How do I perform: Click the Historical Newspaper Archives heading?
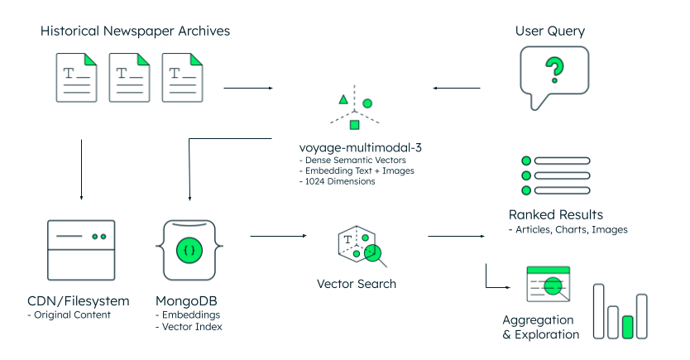point(135,31)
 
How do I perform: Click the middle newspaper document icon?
point(131,78)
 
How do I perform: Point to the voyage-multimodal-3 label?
point(354,148)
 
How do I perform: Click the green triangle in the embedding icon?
point(343,99)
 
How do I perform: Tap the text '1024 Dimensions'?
point(340,181)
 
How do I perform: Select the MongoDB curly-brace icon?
point(189,249)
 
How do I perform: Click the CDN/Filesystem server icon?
point(81,249)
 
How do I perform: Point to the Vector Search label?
point(356,284)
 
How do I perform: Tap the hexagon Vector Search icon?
point(358,245)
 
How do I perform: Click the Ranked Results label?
point(555,214)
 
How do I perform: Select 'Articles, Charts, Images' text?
point(571,229)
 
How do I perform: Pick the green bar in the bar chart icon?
point(628,326)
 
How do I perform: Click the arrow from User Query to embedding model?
point(457,88)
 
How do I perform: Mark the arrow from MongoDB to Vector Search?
point(279,237)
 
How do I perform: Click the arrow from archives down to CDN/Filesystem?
point(81,170)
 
